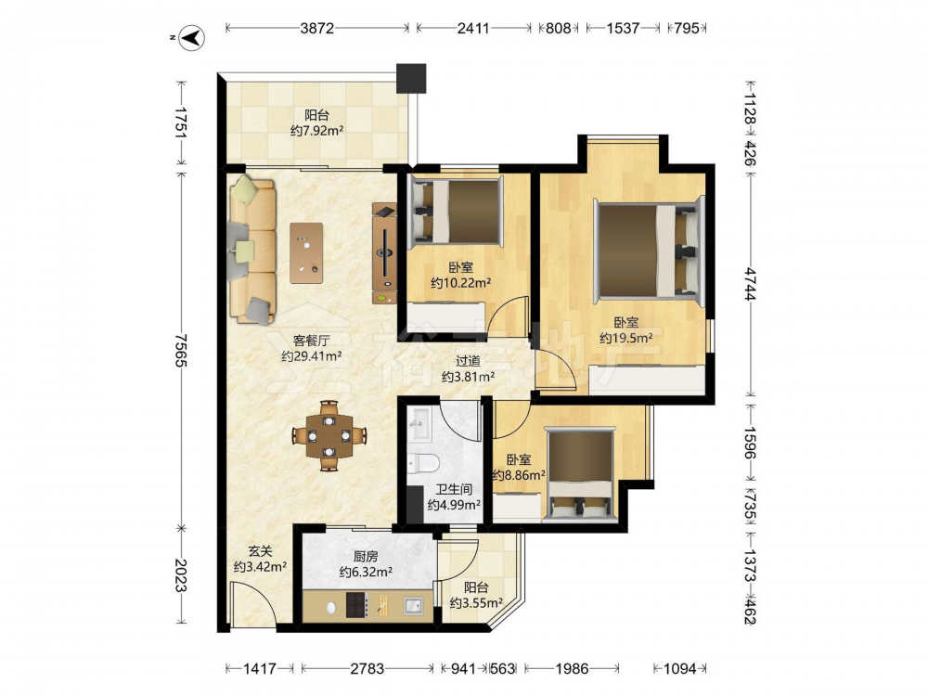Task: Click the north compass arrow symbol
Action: pos(192,38)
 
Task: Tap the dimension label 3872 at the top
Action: pos(317,28)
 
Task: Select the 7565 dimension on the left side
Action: pos(181,350)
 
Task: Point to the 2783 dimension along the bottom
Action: pos(367,669)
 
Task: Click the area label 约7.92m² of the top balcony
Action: pos(317,131)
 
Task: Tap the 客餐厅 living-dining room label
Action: pos(311,341)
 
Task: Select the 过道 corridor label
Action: pos(468,361)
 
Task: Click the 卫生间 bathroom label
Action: pos(454,489)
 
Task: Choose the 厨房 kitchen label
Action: pos(366,556)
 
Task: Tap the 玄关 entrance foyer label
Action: pos(260,551)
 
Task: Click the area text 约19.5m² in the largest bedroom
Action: pos(626,338)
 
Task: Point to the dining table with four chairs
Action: pos(329,436)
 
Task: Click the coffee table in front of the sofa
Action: pos(306,252)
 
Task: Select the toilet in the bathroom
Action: pos(423,462)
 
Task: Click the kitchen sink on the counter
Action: pos(414,605)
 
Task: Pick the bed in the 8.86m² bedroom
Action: pos(580,474)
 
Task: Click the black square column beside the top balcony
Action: pos(411,78)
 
